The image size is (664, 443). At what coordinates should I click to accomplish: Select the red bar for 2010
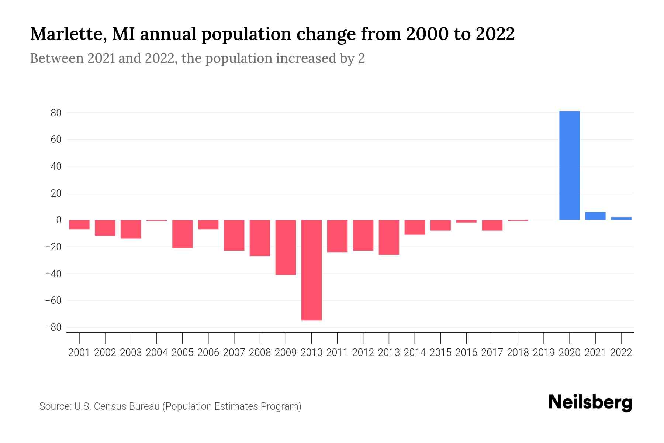pos(311,270)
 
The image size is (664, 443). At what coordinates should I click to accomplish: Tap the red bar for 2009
pos(286,247)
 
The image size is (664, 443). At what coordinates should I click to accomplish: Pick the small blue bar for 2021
pos(595,216)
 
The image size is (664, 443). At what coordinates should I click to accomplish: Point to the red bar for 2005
pos(182,234)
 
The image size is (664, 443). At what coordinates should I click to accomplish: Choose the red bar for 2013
pos(389,237)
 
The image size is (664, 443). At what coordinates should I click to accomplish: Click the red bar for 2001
pos(79,224)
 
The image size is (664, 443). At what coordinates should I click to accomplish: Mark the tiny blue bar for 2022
pos(621,219)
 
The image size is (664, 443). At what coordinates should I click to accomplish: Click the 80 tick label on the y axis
pos(56,113)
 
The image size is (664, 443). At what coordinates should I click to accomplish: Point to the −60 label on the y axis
pos(53,301)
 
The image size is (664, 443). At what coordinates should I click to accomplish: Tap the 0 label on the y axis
pos(59,220)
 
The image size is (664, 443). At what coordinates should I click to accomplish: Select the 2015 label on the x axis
pos(440,353)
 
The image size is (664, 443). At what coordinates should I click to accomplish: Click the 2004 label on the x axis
pos(157,353)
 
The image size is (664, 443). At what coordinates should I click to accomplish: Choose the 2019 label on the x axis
pos(543,353)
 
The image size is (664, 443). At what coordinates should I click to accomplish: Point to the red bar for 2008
pos(260,238)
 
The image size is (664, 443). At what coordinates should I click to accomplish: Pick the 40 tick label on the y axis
pos(56,166)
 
